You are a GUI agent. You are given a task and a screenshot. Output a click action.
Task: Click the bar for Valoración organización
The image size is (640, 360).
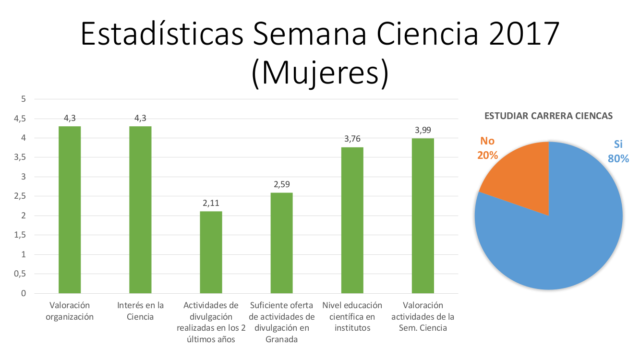tap(70, 210)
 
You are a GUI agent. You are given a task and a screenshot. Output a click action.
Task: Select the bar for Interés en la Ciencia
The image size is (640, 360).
tap(140, 210)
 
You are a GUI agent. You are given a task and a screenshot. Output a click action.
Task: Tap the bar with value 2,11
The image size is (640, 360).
tap(211, 252)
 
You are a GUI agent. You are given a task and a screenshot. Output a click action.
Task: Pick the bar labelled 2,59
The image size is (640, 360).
tap(281, 243)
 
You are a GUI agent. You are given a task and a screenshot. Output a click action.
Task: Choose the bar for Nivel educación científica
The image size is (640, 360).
tap(352, 220)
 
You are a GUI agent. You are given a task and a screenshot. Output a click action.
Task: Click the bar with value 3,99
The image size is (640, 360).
tap(423, 216)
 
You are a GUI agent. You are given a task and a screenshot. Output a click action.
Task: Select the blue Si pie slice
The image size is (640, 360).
tap(557, 235)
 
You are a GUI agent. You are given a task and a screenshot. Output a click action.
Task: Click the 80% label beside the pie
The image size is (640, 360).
tap(618, 158)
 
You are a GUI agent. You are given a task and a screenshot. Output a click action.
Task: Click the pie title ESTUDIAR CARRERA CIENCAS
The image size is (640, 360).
tap(548, 116)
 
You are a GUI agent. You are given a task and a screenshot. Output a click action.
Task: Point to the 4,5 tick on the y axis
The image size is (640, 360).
tap(20, 119)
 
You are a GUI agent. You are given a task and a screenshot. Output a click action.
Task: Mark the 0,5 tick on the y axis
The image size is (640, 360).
tap(20, 274)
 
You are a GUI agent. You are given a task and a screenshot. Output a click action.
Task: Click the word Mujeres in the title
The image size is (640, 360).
tap(320, 73)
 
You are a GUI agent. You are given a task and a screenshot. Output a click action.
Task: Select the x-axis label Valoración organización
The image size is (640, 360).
tap(70, 311)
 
